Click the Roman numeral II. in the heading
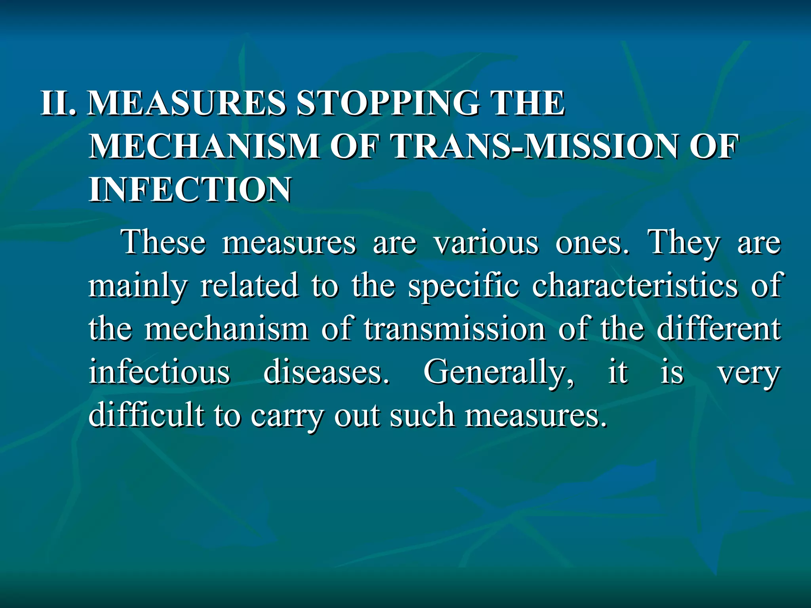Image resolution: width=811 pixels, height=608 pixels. pos(59,103)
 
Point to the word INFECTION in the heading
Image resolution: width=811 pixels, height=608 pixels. pos(190,190)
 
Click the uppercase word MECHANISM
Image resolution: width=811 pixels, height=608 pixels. pos(205,146)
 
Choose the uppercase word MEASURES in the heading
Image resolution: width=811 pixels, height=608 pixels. pos(187,103)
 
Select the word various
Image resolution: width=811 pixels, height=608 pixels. pos(487,242)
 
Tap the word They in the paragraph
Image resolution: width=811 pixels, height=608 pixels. pos(683,243)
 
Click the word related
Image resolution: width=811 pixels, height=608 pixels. pos(249,285)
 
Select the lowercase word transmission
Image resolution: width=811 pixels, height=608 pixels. pos(455,329)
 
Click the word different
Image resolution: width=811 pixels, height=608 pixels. pos(718,328)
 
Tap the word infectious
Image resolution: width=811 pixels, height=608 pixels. pos(159,372)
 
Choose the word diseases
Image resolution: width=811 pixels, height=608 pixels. pos(326,372)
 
